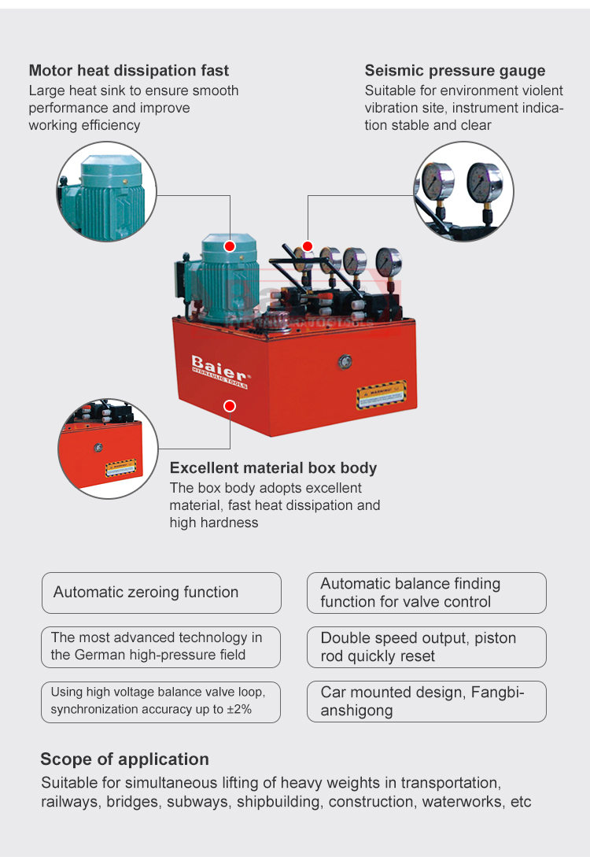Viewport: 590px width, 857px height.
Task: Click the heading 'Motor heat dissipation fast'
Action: click(x=129, y=71)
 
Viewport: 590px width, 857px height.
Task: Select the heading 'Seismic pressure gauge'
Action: click(x=455, y=71)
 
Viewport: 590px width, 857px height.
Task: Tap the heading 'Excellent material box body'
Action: click(x=273, y=468)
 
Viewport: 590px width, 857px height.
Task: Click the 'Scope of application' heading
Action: click(x=124, y=759)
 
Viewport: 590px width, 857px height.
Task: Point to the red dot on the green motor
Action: click(x=230, y=246)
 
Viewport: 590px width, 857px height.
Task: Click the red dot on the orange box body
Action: click(x=230, y=406)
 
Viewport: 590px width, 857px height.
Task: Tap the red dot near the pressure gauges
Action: click(x=308, y=246)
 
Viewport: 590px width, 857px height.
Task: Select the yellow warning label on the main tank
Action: click(x=382, y=393)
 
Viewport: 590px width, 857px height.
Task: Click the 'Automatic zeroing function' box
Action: click(x=161, y=593)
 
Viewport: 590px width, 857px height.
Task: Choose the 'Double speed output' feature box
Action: click(x=426, y=647)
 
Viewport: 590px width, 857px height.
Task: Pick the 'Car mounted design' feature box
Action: click(x=426, y=701)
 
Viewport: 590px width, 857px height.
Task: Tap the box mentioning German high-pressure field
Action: click(x=161, y=647)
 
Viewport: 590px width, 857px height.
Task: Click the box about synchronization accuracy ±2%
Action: click(x=161, y=701)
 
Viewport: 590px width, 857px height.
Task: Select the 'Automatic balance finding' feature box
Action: click(x=426, y=593)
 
